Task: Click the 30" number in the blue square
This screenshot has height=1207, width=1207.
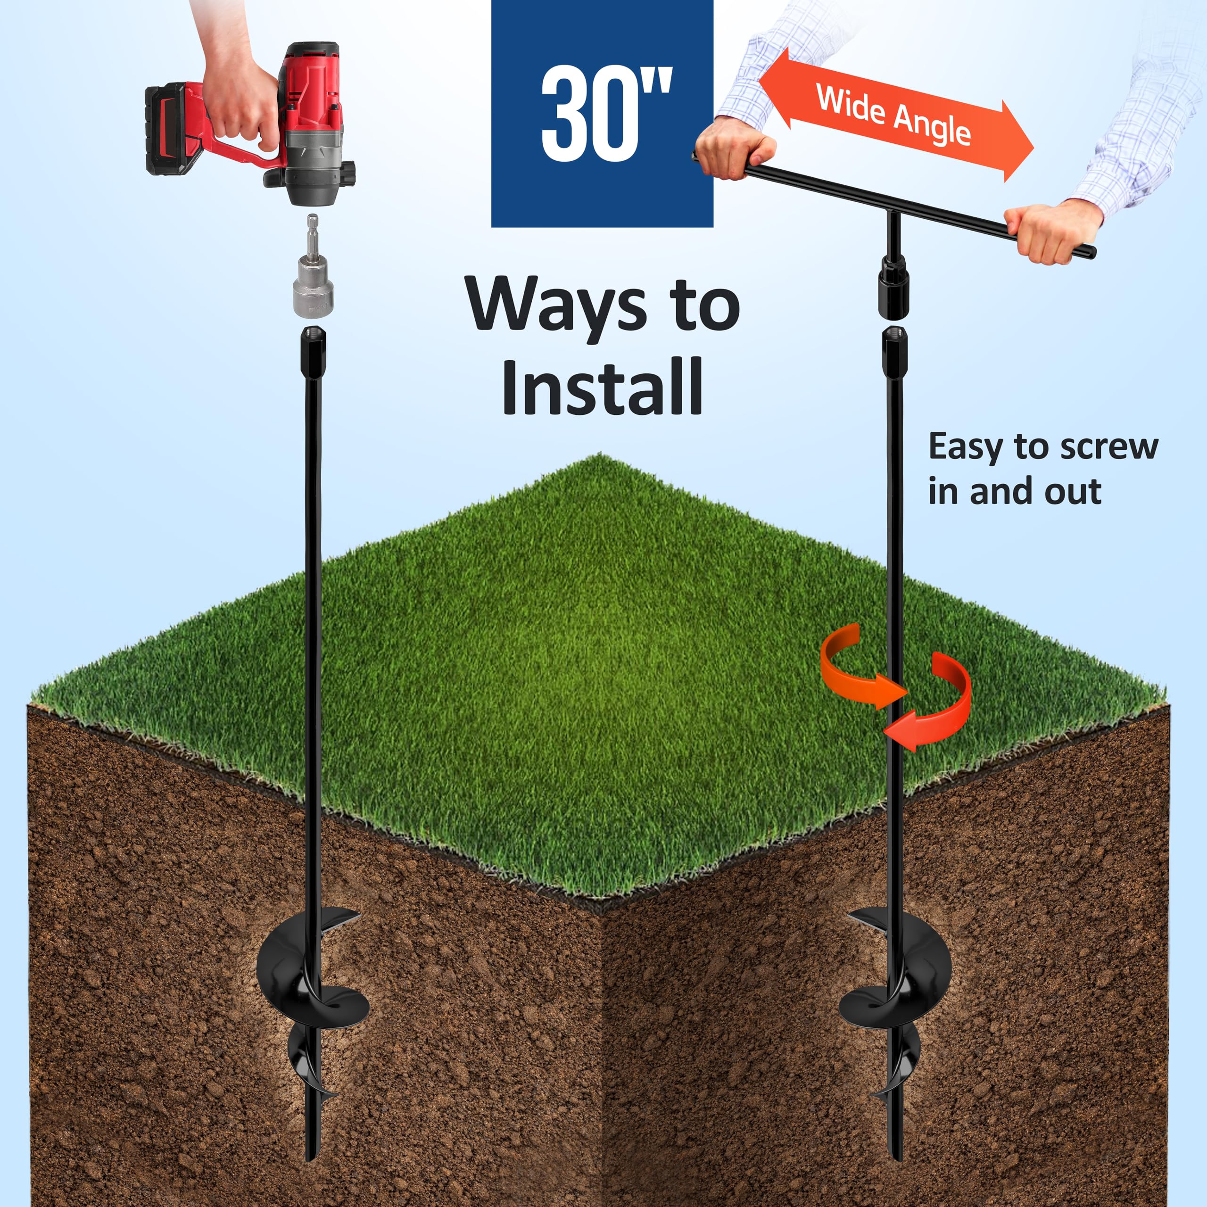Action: tap(606, 114)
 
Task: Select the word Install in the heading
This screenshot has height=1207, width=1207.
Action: tap(602, 386)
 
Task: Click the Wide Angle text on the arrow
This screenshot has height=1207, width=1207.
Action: tap(893, 116)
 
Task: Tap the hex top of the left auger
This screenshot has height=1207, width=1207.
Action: tap(314, 353)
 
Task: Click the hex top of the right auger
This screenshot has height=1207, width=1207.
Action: tap(894, 353)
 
